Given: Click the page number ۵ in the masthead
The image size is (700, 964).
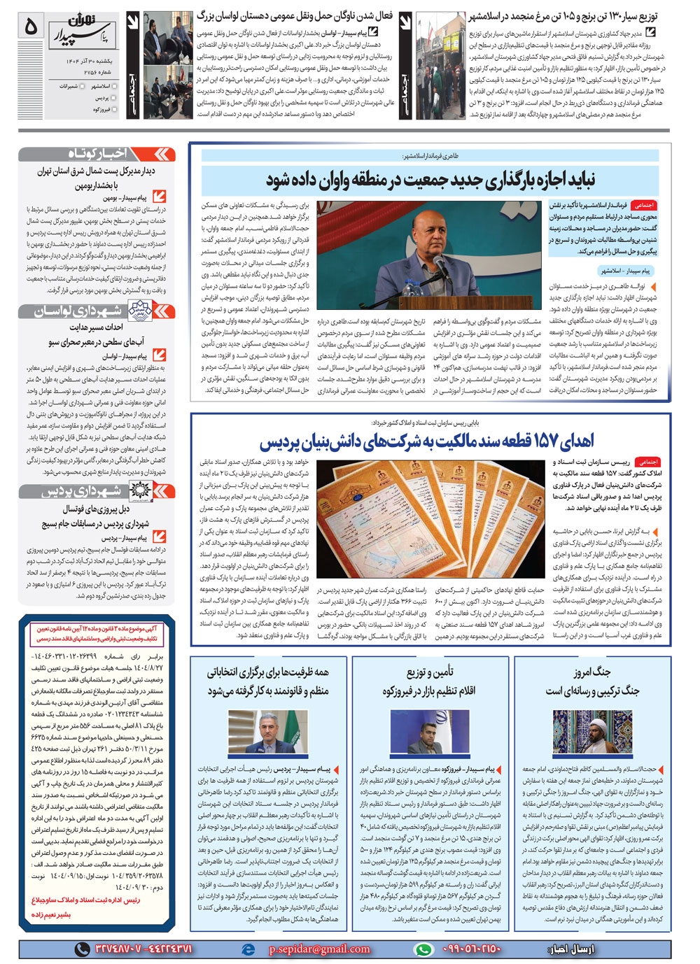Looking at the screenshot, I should (31, 26).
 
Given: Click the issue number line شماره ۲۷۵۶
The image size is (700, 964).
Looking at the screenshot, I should (84, 71).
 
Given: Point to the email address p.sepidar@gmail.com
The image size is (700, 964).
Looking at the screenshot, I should (319, 949).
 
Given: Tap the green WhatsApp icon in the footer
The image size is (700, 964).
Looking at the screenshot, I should (423, 949).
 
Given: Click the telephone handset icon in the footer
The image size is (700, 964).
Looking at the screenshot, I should (83, 949).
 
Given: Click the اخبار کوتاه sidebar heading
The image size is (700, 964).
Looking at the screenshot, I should (98, 154).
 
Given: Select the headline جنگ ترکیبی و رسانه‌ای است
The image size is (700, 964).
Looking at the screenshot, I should (592, 690).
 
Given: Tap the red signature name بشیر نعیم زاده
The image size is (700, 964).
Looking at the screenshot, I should (62, 914).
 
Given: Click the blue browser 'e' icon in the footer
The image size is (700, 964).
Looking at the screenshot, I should (247, 949).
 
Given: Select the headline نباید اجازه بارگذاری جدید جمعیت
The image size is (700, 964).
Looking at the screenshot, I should (430, 180).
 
